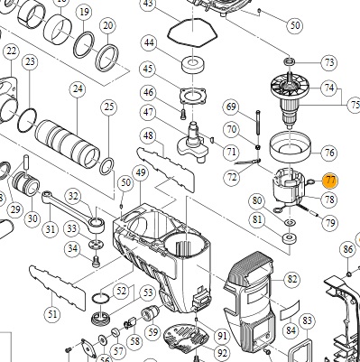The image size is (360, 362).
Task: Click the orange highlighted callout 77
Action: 330,180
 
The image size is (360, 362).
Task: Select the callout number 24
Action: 78,88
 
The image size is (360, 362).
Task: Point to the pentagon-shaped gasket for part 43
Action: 192,32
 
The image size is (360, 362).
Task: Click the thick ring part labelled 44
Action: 193,65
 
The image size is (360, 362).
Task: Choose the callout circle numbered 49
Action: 141,172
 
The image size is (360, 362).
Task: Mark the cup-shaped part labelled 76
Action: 290,146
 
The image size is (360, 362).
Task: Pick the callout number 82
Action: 291,279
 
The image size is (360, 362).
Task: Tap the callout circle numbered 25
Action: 109,107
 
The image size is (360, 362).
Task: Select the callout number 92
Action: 222,353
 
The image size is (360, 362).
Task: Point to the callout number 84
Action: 291,330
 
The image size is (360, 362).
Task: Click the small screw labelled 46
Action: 184,115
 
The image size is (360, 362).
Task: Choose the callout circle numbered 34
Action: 72,248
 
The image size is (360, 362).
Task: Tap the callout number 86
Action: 347,249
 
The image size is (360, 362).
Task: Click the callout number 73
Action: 329,62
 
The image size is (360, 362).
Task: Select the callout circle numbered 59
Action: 152,332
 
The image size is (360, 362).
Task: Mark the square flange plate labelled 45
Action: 193,97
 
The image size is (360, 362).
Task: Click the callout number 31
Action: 51,229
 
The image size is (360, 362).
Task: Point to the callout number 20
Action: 108,25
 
